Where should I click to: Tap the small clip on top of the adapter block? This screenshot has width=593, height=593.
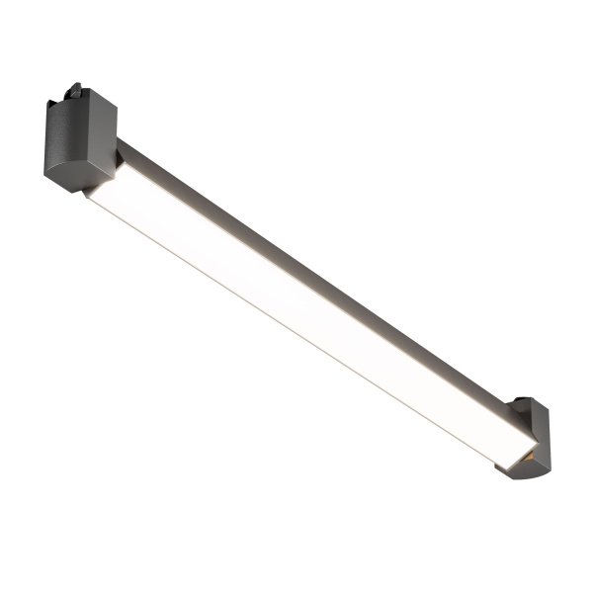click(x=74, y=91)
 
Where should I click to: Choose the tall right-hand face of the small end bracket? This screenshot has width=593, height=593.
click(x=541, y=435)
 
